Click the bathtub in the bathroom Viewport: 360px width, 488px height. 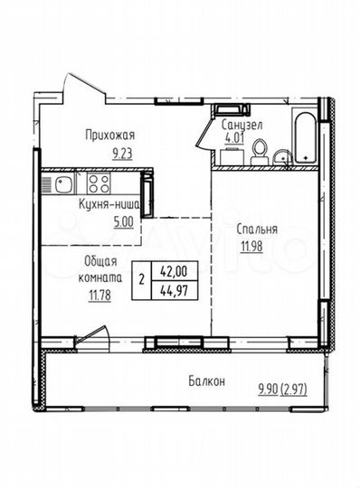coord(303,137)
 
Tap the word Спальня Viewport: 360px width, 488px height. coord(259,230)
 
